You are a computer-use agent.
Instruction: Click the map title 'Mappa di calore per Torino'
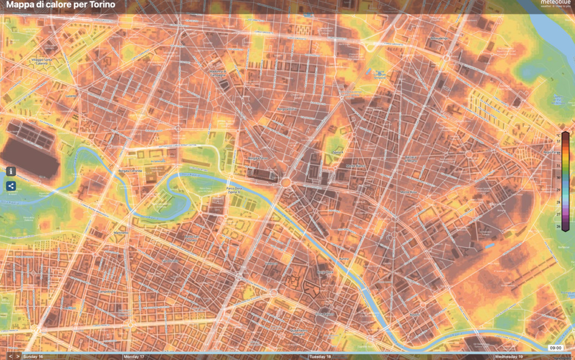(61, 5)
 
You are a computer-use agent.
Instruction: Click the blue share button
(11, 186)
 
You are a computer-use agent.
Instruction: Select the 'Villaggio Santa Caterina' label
(41, 61)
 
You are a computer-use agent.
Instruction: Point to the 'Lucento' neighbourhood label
(70, 96)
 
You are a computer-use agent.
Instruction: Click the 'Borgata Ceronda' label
(130, 171)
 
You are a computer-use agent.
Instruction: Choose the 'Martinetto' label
(121, 233)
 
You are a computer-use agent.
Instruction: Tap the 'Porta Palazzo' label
(325, 315)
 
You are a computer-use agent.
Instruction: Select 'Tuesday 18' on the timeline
(320, 357)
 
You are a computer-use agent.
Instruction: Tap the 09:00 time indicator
(555, 348)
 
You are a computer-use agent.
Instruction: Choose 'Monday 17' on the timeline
(134, 357)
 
